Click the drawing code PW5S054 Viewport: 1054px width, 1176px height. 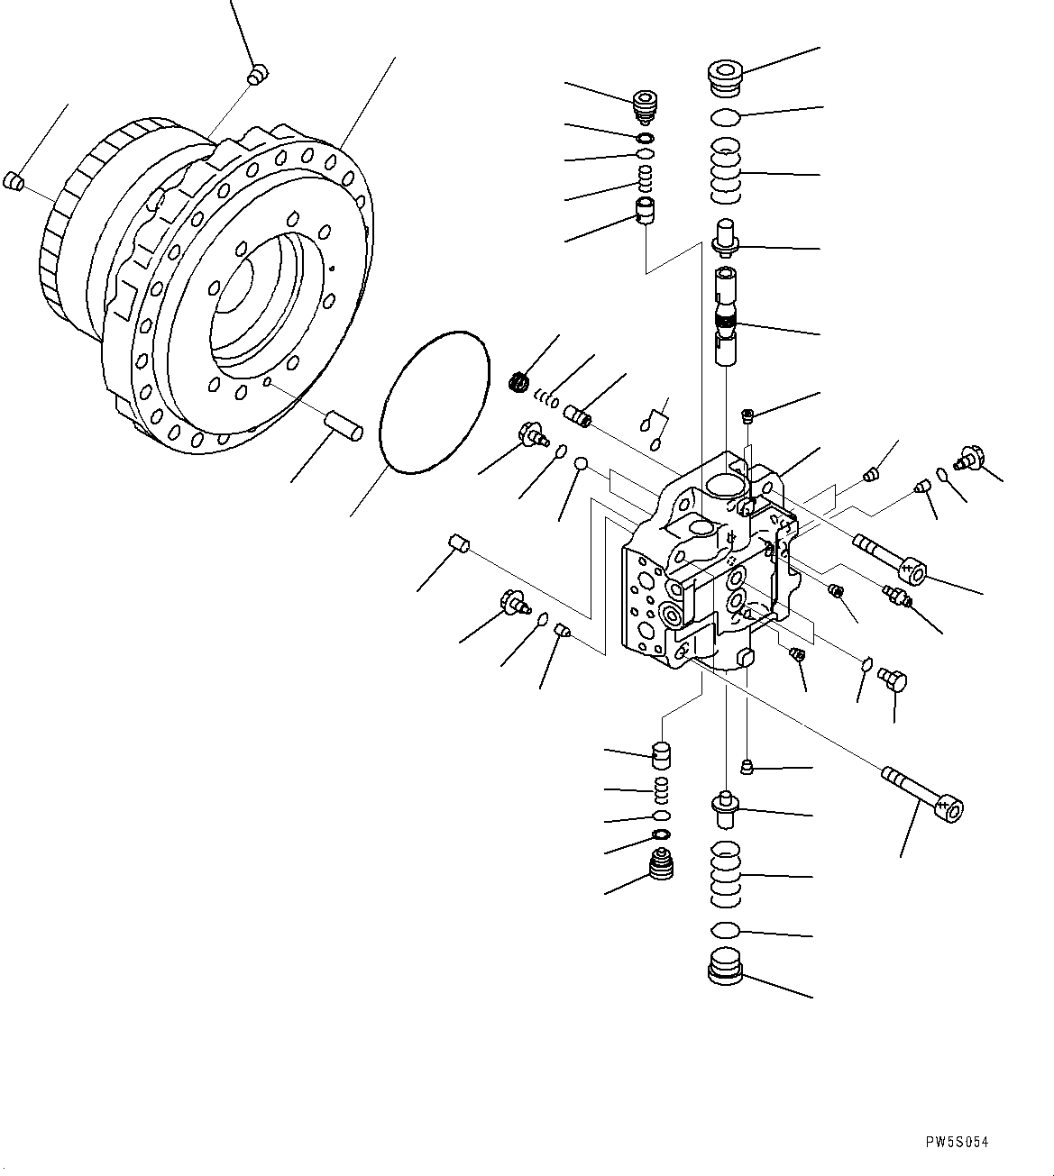coord(957,1142)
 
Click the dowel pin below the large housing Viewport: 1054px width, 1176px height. coord(344,424)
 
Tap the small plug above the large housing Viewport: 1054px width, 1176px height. coord(258,74)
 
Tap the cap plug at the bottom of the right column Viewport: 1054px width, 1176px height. coord(725,967)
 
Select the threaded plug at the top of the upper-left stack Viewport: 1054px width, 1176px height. coord(645,106)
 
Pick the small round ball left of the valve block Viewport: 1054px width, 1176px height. coord(582,463)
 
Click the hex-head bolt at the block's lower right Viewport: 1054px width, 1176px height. coord(893,681)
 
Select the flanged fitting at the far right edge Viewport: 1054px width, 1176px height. coord(970,458)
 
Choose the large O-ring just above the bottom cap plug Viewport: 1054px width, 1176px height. coord(726,930)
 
